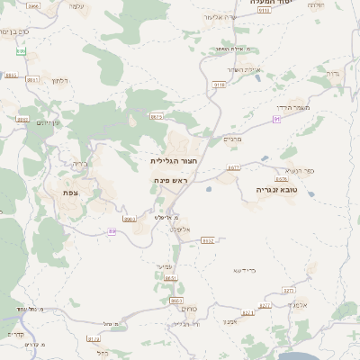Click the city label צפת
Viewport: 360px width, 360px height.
(69, 193)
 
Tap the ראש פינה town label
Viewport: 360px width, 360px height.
(170, 181)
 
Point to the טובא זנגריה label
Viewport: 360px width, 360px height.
(275, 190)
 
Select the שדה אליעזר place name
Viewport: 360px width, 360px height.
(244, 69)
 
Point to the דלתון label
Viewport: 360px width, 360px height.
(61, 81)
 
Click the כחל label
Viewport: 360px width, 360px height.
(102, 354)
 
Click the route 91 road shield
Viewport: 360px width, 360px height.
(277, 119)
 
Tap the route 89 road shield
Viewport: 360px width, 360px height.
(112, 231)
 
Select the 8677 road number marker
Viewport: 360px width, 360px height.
(233, 167)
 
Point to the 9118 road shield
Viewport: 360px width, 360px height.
(219, 85)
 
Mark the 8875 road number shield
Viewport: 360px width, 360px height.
(157, 117)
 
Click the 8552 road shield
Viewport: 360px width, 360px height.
(208, 240)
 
